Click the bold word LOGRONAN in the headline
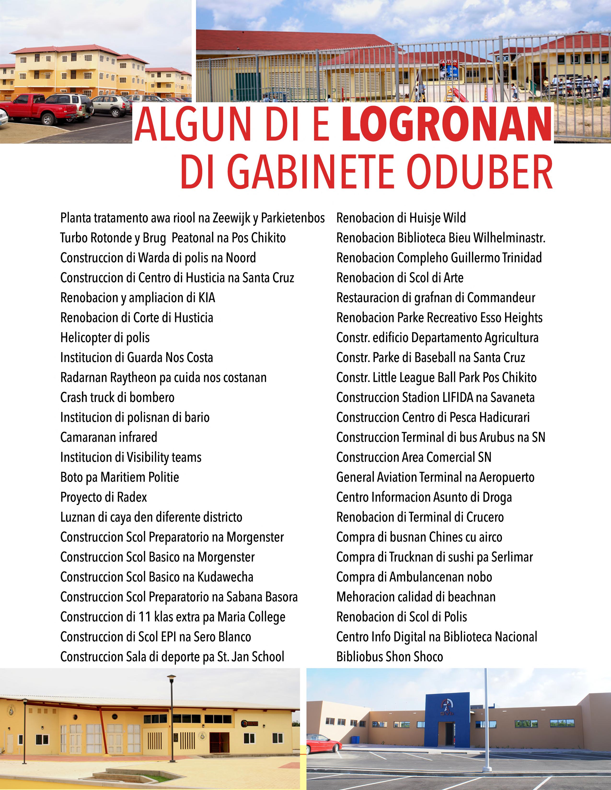pos(447,124)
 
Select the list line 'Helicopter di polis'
pos(105,338)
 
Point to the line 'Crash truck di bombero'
pos(117,397)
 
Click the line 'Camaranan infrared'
pos(109,437)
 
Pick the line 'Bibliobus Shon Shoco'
pos(389,656)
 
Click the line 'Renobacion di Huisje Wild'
pos(401,218)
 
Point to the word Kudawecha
pos(225,577)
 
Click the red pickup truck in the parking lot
pos(36,108)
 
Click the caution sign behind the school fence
pos(449,68)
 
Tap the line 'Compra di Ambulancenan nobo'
pos(414,577)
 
